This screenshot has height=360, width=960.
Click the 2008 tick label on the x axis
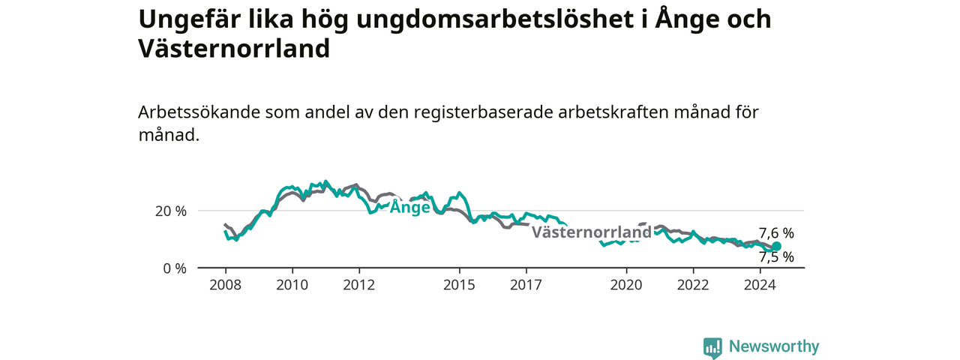pos(226,285)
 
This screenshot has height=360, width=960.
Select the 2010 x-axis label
pos(292,285)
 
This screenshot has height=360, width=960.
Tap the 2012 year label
pos(359,285)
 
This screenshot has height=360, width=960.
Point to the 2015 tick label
pos(460,285)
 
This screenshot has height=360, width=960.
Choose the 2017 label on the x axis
pos(526,285)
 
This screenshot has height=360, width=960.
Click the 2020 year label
pos(626,285)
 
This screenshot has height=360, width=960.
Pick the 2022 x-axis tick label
pos(694,285)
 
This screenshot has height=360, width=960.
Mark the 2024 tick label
pos(760,285)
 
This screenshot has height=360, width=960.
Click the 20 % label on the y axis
pos(171,211)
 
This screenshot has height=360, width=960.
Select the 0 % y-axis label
pos(175,268)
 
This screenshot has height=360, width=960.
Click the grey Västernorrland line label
pos(592,232)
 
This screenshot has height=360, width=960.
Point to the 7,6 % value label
pos(776,233)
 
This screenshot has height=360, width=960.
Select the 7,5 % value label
pos(776,257)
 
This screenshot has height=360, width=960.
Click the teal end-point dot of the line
pos(776,246)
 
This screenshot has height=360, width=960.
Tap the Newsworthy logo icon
pos(712,346)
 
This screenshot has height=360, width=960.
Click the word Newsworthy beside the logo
pos(774,346)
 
